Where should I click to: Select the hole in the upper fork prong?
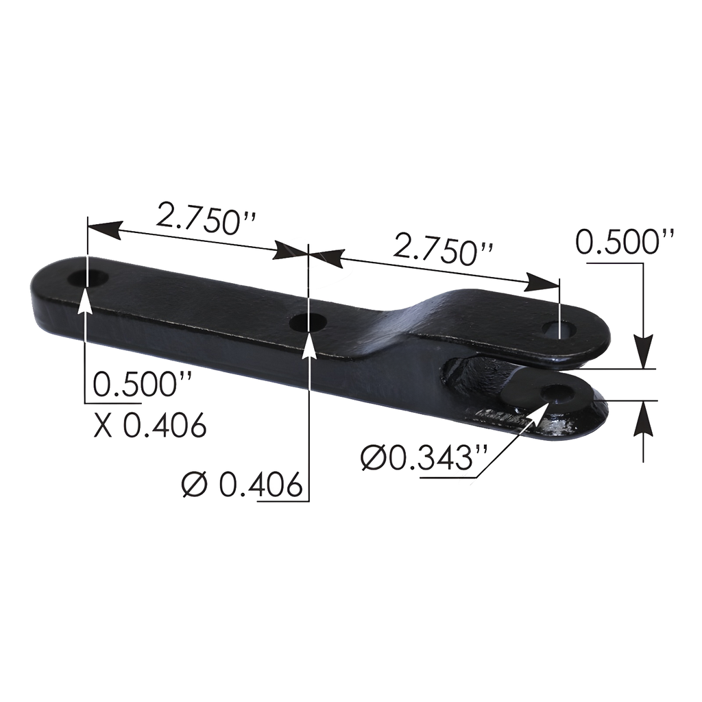555,328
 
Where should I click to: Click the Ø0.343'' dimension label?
418,457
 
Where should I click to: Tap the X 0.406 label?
150,426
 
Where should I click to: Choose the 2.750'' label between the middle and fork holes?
443,251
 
